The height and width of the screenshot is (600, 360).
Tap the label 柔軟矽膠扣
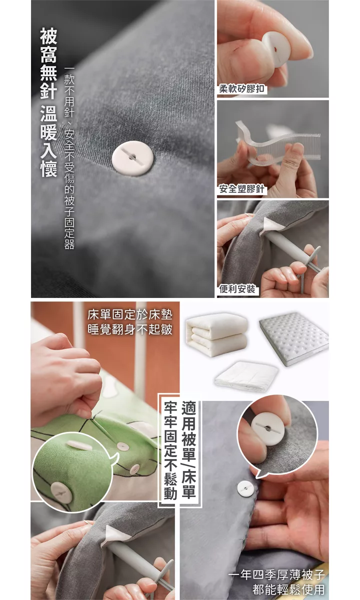[x=242, y=88]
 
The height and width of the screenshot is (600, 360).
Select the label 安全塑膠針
[x=242, y=189]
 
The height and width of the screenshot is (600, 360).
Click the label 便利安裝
[x=237, y=289]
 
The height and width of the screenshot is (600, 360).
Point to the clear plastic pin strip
[x=278, y=143]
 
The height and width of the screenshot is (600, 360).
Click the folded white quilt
[x=216, y=335]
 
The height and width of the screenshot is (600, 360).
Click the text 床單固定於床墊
[x=130, y=315]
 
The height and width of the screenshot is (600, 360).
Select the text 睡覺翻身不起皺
[x=130, y=329]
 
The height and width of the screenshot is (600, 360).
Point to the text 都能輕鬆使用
[x=289, y=589]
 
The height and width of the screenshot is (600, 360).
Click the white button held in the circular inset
[x=268, y=428]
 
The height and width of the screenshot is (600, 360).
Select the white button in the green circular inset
[x=61, y=492]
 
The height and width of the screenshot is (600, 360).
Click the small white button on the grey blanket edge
[x=245, y=488]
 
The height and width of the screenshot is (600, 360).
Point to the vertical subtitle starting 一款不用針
[x=69, y=158]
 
